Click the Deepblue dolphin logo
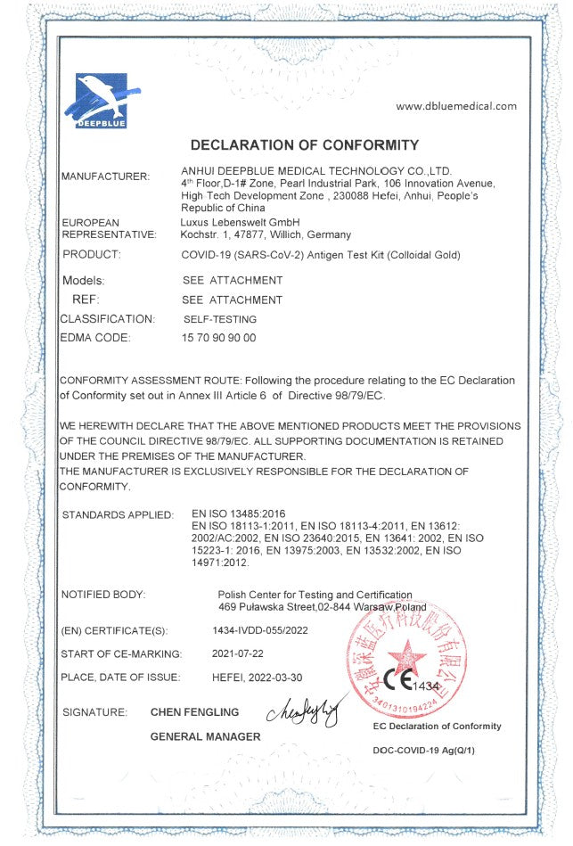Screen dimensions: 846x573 (101, 100)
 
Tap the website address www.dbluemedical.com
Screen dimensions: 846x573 (455, 106)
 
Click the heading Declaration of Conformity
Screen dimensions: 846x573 (305, 144)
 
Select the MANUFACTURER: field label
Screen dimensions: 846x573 (105, 177)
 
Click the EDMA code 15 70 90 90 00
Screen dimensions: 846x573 (218, 338)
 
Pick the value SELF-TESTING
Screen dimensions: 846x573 (219, 318)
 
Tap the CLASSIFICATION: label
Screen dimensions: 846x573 (107, 318)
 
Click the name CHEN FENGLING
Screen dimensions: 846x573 (194, 712)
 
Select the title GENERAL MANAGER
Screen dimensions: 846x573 (205, 736)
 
